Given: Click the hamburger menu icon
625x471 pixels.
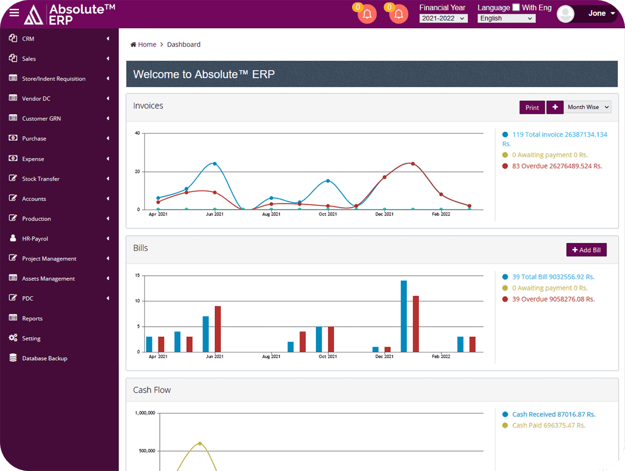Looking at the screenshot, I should click(x=14, y=13).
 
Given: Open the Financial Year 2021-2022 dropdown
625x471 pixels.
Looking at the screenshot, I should click(x=443, y=19).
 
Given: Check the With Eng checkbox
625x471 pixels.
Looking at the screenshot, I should click(x=516, y=7).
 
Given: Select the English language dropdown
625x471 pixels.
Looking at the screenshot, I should click(x=506, y=19).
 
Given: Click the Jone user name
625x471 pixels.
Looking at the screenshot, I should click(x=597, y=14).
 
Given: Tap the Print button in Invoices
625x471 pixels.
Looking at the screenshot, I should click(x=532, y=107).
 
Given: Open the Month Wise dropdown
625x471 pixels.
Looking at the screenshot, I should click(x=588, y=107).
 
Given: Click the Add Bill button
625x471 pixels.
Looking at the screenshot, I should click(x=586, y=250).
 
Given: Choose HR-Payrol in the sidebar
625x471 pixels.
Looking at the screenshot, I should click(x=35, y=239).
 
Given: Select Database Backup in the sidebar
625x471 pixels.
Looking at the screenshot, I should click(x=44, y=358).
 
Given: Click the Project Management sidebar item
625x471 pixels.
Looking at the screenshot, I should click(x=49, y=259).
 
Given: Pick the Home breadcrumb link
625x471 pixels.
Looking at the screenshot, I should click(x=147, y=44).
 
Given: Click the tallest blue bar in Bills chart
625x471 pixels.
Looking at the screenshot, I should click(x=404, y=316).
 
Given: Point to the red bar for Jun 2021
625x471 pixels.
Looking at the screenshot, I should click(x=218, y=328).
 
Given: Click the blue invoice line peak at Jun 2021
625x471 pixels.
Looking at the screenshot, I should click(x=214, y=164).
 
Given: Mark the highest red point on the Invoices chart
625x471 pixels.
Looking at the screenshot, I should click(x=413, y=164).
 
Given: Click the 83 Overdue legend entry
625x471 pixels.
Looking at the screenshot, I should click(x=557, y=166).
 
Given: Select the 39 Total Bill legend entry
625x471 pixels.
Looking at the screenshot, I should click(x=553, y=277).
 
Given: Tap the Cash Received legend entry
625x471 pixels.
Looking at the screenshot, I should click(x=553, y=414).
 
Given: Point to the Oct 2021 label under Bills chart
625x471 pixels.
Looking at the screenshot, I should click(x=328, y=357).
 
